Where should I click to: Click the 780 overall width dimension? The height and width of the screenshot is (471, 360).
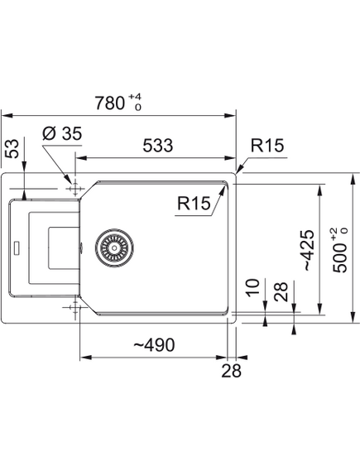click(x=109, y=103)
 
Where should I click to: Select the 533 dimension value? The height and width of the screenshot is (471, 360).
click(x=158, y=145)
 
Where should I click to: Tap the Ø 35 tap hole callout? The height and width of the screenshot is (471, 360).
click(x=62, y=133)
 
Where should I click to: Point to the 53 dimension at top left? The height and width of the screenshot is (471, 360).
click(x=12, y=148)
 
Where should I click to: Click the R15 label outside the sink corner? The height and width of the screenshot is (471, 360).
click(x=267, y=146)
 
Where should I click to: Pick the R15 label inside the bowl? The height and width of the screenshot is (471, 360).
click(x=194, y=203)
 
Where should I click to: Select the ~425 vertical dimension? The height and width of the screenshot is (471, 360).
click(x=310, y=250)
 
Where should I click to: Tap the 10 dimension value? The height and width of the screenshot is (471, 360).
click(x=252, y=288)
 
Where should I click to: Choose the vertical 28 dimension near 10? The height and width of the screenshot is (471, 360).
click(x=281, y=291)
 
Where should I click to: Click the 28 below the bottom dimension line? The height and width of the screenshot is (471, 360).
click(x=231, y=371)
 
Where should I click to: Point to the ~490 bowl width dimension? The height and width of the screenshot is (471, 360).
click(x=154, y=344)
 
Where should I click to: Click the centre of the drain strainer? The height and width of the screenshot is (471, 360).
click(x=114, y=248)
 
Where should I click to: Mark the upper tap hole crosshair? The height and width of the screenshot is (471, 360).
click(x=74, y=189)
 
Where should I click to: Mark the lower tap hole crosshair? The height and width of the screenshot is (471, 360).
click(x=74, y=307)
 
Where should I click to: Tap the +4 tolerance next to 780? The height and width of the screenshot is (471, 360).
click(x=135, y=96)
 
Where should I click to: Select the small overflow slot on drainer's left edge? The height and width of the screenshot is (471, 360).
click(x=17, y=248)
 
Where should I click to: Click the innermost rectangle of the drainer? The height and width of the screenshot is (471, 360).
click(x=64, y=248)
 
